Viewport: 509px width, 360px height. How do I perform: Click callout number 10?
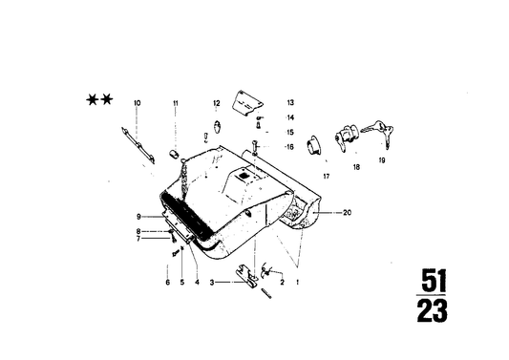[x=137, y=102]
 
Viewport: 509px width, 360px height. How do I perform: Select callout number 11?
[x=176, y=102]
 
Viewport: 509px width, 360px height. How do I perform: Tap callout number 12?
[x=217, y=102]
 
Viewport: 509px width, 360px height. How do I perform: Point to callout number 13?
[x=290, y=102]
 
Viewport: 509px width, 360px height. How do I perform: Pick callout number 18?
[x=356, y=168]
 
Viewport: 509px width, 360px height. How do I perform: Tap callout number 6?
[x=166, y=283]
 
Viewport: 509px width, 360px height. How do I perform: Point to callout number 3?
[x=211, y=283]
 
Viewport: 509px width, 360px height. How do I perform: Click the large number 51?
[x=434, y=282]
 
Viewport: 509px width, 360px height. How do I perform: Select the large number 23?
[x=433, y=311]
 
